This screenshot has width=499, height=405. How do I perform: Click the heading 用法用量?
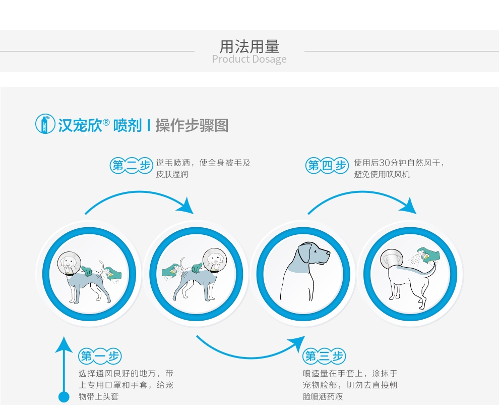[249, 46]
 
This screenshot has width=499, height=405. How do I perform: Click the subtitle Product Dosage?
[249, 59]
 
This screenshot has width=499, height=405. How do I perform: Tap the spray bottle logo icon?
[45, 124]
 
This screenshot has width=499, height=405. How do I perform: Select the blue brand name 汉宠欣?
[80, 125]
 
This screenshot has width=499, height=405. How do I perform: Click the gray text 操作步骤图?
[192, 125]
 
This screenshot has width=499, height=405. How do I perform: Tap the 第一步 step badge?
[100, 356]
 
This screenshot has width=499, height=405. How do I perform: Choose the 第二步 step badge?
[132, 165]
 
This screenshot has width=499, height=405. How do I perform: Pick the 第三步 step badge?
[324, 356]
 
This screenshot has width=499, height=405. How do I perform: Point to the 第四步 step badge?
[327, 165]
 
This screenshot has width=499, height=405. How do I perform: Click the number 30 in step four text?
[385, 163]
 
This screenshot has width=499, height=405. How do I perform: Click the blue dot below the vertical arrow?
[64, 397]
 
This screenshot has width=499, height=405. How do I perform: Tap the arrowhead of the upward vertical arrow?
[64, 344]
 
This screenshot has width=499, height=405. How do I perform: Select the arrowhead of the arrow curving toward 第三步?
[297, 343]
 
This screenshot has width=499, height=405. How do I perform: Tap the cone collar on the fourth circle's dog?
[392, 260]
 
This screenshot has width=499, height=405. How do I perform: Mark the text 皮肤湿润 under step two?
[172, 174]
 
